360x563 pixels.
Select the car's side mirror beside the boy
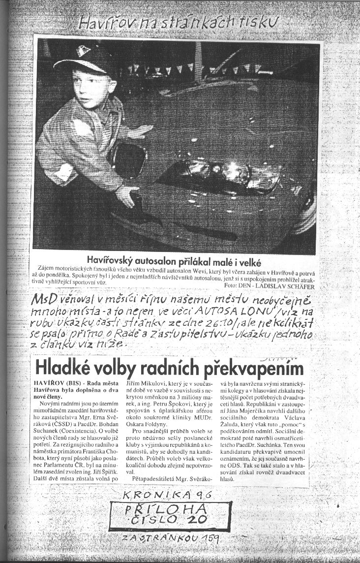click(x=129, y=160)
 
